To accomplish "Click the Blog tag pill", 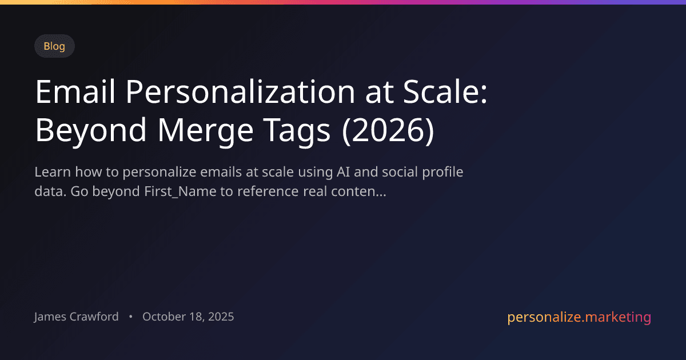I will (54, 46).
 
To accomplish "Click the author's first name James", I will (50, 317).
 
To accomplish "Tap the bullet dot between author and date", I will (131, 317).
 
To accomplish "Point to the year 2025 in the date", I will (220, 317).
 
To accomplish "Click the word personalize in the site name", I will (543, 317).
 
